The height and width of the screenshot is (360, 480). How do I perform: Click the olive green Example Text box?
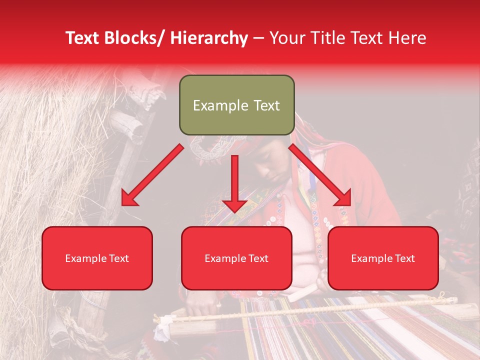236,105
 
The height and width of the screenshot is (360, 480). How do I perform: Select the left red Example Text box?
97,258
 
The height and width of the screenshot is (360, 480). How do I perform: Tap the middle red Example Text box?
236,258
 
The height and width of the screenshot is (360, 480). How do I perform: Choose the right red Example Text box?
383,258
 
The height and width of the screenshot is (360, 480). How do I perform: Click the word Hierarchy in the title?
209,38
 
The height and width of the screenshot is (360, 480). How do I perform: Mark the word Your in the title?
287,38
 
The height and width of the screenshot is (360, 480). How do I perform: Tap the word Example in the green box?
220,105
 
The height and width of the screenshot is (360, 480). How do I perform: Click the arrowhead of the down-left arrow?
129,198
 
